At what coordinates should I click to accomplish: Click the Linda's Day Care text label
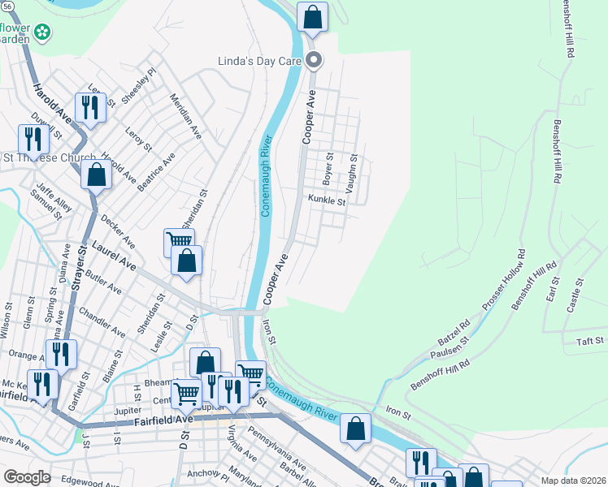coord(259,61)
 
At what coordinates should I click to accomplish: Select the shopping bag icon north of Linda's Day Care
coord(312,16)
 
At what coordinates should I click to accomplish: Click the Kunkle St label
coord(327,200)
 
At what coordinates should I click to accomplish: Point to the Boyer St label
coord(329,168)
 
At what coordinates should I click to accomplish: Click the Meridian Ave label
coord(185,116)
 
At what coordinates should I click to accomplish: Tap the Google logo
coord(27,477)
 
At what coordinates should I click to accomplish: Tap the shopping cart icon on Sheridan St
coord(179,240)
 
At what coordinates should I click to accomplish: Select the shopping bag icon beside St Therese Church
coord(96,174)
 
